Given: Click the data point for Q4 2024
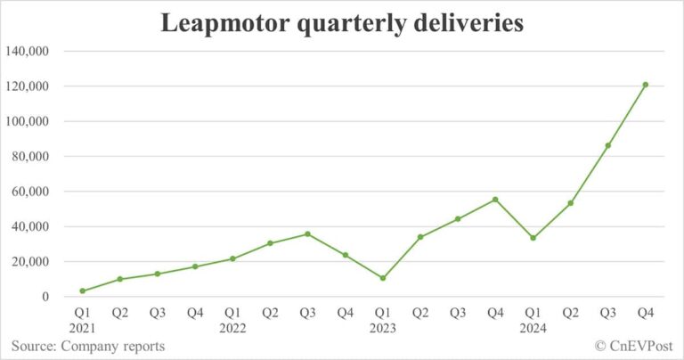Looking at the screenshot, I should (x=646, y=85).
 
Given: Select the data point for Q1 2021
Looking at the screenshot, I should (x=83, y=290).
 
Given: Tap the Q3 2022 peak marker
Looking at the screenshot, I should (x=308, y=234).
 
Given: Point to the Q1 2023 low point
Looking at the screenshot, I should (x=383, y=278).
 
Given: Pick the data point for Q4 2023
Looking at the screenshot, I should (x=495, y=200).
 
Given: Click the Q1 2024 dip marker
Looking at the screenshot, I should (x=533, y=238).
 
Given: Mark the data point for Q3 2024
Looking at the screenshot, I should (x=608, y=145).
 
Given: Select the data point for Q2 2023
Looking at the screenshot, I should (x=420, y=237).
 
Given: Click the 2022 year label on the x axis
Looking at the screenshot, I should (x=233, y=328).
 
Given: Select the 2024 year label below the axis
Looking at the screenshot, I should (x=533, y=328).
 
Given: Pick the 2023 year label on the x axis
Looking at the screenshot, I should (x=383, y=328).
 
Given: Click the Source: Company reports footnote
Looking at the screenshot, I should (x=87, y=346).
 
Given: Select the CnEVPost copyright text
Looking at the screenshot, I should (x=632, y=346).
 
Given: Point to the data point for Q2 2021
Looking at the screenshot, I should (x=120, y=279).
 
